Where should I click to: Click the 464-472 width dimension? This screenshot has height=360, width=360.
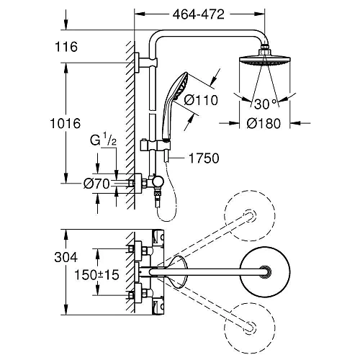[199, 14]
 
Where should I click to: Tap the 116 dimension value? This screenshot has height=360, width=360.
[66, 47]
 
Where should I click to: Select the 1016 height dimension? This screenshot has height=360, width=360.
[66, 123]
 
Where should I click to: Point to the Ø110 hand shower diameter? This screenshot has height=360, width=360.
[201, 100]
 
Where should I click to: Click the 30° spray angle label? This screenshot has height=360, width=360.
[265, 104]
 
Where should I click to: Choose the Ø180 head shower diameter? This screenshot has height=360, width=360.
[264, 124]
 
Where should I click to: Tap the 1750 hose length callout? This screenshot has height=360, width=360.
[204, 158]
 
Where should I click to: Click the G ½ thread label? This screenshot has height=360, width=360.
[103, 140]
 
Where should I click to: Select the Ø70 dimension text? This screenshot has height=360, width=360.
[96, 184]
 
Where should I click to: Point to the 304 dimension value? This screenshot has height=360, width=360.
[66, 257]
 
